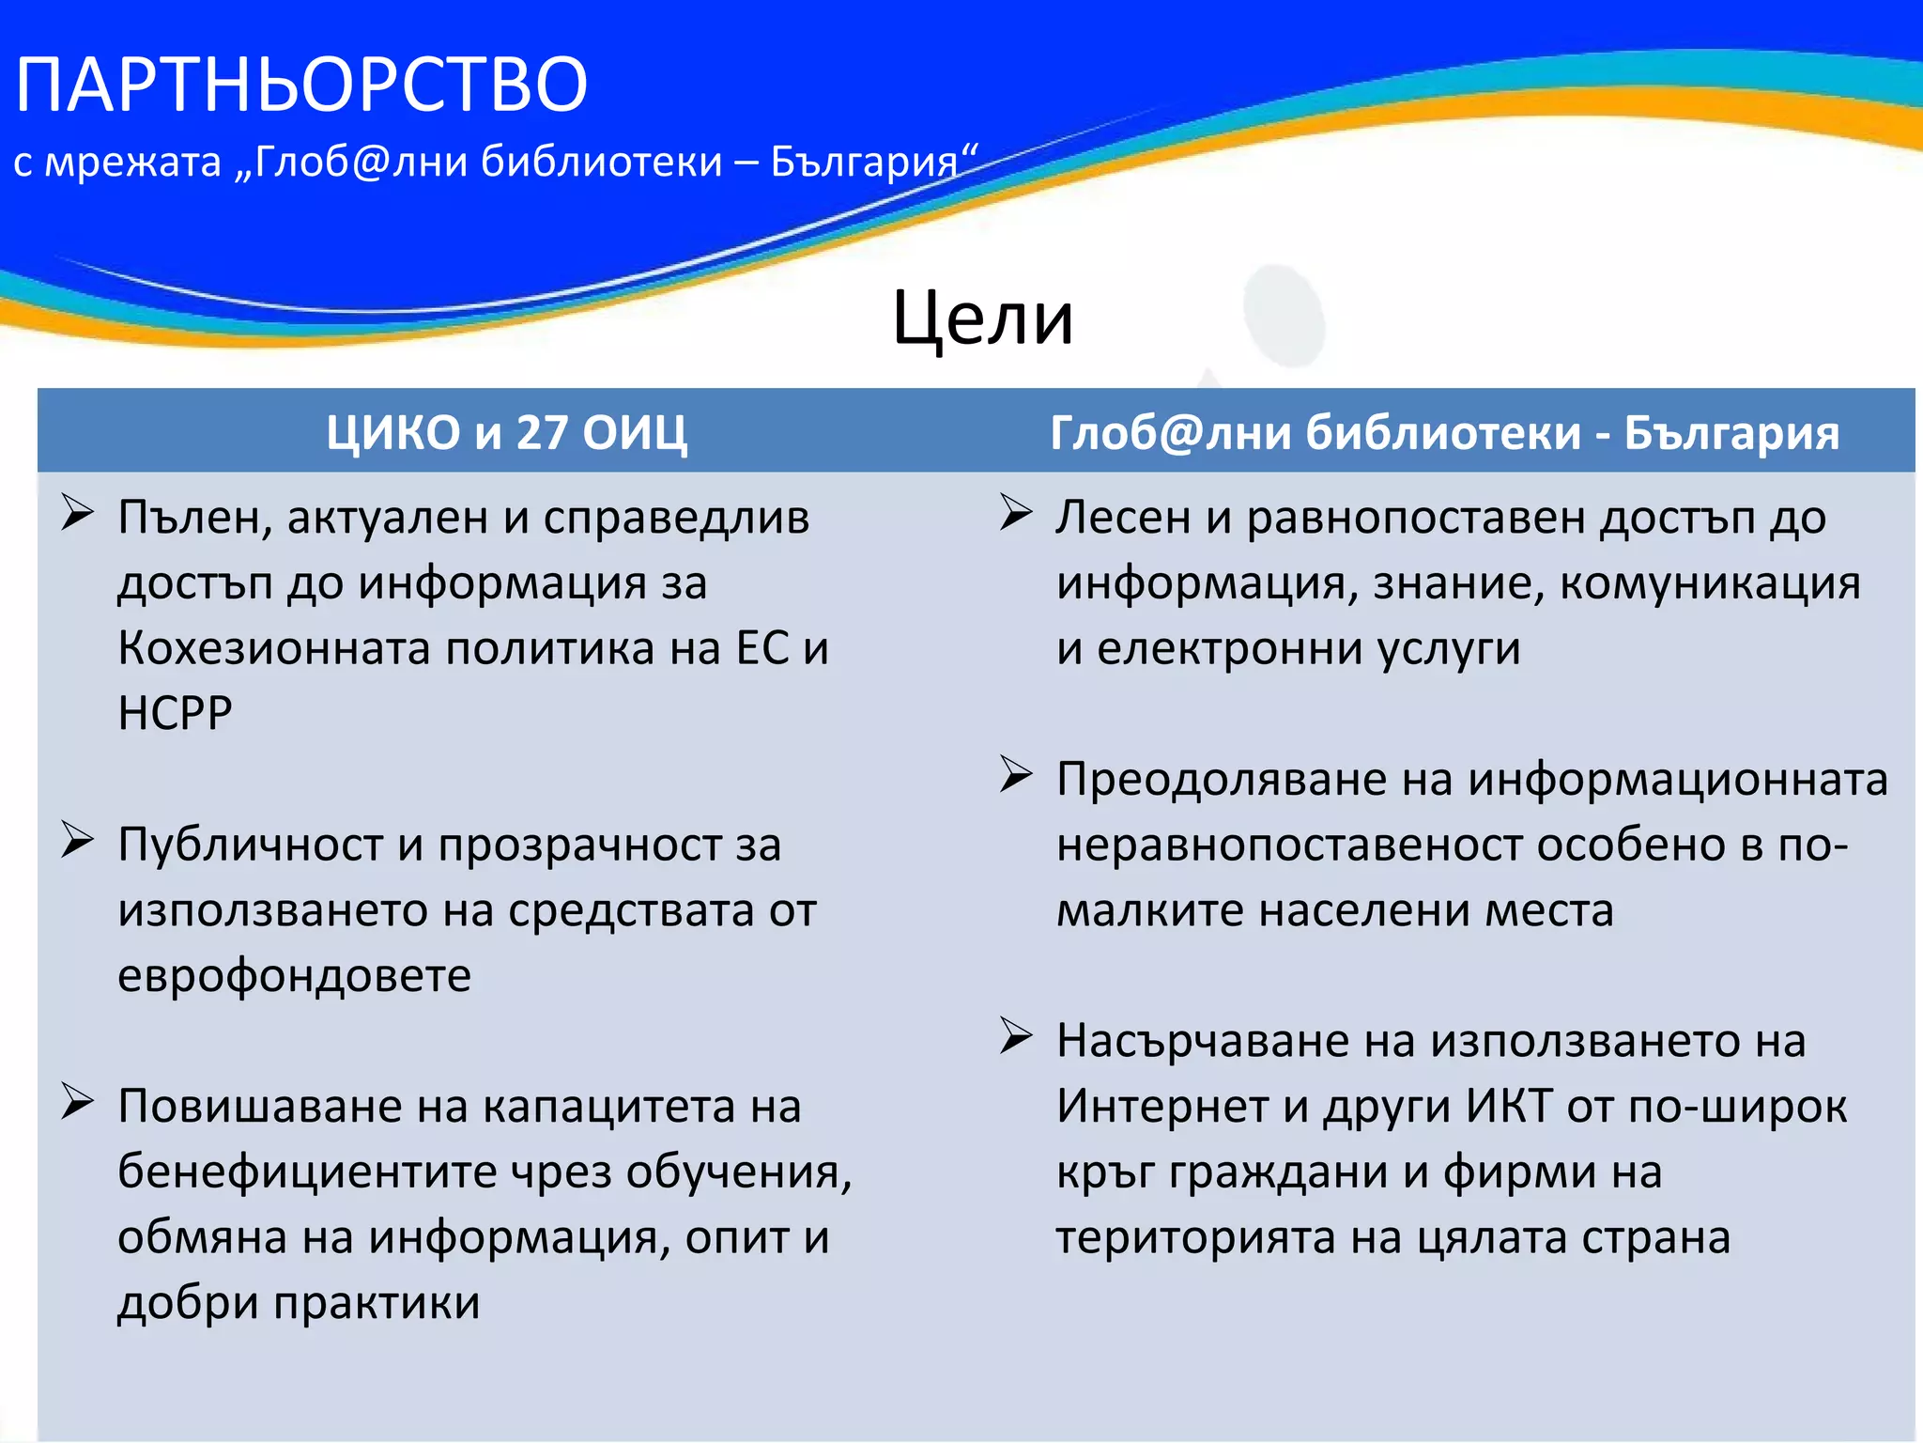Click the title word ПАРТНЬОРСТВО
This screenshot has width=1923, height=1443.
(301, 85)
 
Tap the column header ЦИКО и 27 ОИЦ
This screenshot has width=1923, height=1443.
(506, 433)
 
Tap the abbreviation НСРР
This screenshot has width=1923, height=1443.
(175, 713)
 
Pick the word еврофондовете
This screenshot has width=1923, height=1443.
(294, 975)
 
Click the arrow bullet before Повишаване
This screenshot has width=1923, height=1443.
(77, 1101)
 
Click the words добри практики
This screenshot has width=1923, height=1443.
(299, 1303)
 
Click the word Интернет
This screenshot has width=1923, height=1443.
(1162, 1106)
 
